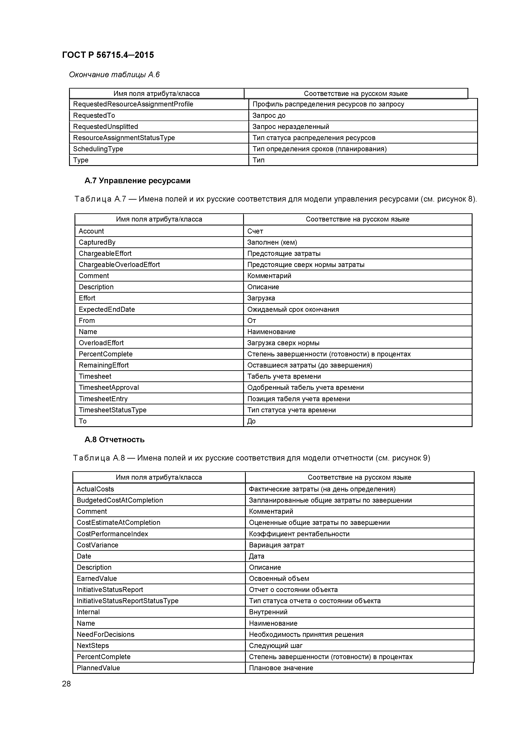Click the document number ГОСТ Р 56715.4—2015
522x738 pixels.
(108, 55)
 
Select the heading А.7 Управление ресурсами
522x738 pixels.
(137, 181)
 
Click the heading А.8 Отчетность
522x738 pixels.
(115, 439)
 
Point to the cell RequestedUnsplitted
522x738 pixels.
(105, 127)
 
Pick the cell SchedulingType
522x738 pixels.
(98, 149)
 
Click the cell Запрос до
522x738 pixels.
(269, 115)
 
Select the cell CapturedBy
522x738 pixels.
(97, 242)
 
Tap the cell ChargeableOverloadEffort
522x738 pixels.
(119, 264)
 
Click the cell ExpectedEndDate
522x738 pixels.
(107, 309)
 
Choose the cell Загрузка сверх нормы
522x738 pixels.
(283, 343)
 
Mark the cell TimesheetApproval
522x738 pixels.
(109, 387)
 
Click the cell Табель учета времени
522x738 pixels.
(284, 376)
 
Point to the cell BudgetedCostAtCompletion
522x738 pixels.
(120, 500)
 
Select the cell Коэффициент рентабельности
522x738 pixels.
(299, 534)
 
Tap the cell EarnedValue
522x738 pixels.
(96, 579)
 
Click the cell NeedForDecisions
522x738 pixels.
(105, 634)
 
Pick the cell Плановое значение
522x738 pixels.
(281, 668)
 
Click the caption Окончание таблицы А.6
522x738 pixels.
(114, 75)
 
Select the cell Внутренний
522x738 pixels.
(268, 612)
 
